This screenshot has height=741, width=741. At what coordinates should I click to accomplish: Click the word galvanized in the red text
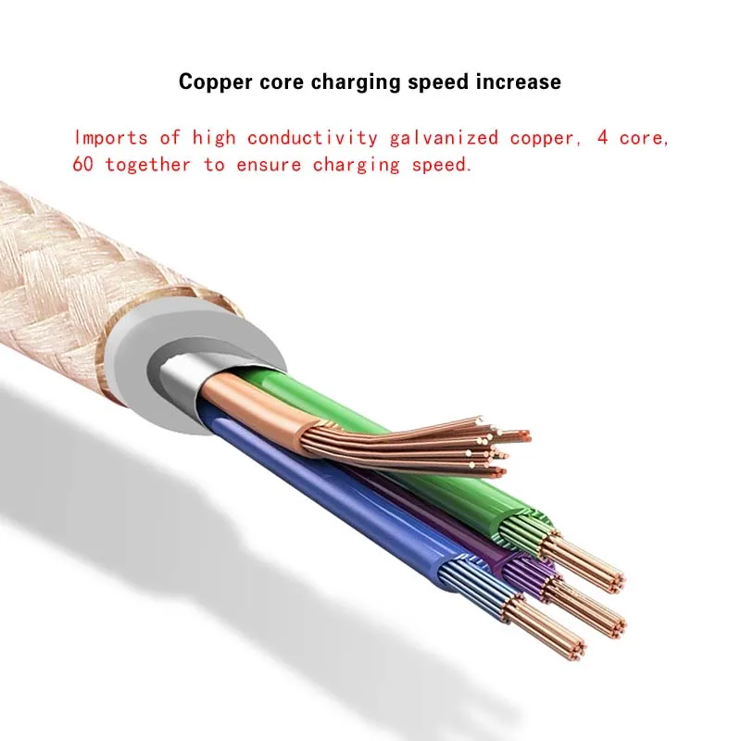click(440, 138)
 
